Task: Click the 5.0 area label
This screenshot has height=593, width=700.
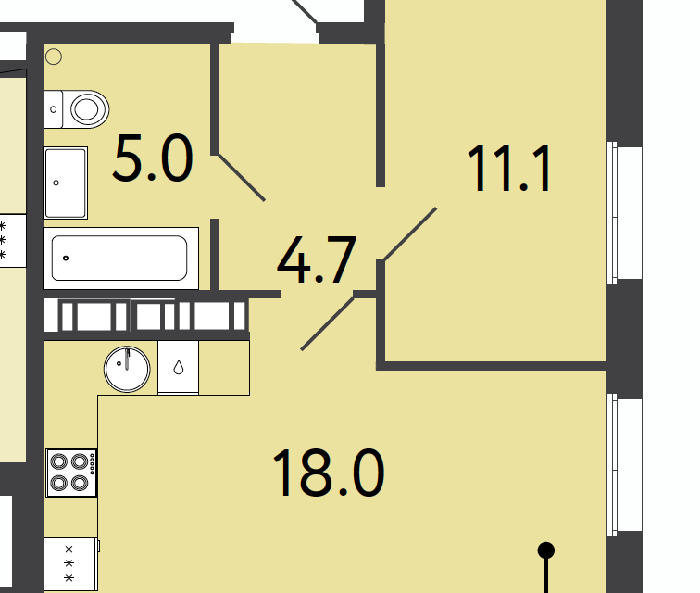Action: click(x=153, y=158)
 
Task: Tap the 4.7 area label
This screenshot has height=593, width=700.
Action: click(x=317, y=259)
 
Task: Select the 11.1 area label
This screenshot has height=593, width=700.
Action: click(x=508, y=168)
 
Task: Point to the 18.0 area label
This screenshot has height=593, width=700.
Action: click(x=328, y=473)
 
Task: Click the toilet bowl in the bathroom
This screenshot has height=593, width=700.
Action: click(x=87, y=109)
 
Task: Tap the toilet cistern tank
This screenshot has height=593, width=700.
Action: click(x=53, y=109)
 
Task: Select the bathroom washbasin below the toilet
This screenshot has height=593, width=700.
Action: click(x=66, y=183)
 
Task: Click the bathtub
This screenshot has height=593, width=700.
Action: click(x=121, y=259)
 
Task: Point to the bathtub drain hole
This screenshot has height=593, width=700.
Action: click(x=66, y=258)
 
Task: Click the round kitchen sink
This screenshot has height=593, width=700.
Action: click(x=127, y=369)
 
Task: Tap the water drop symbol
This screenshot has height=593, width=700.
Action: click(x=179, y=367)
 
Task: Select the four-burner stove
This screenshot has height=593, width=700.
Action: click(x=71, y=473)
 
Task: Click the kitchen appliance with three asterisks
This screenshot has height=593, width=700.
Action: click(x=71, y=564)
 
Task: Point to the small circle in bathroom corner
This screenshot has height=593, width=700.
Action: click(x=54, y=57)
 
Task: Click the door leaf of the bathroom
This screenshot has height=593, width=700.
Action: click(x=242, y=178)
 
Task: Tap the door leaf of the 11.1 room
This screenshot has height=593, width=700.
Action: click(x=410, y=233)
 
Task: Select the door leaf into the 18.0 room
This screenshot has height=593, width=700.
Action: click(x=328, y=324)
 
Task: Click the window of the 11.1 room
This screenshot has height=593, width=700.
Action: click(x=613, y=213)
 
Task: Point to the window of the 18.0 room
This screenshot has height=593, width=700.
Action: click(x=613, y=465)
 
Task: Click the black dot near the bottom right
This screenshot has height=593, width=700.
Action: click(x=546, y=550)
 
